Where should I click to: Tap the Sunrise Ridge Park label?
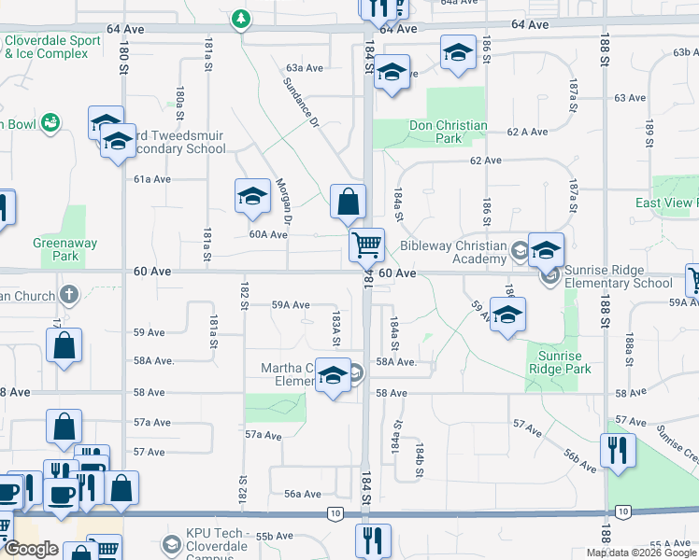tap(560, 362)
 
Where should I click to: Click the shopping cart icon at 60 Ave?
tap(367, 245)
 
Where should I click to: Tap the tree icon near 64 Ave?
tap(242, 18)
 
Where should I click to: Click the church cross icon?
tap(68, 295)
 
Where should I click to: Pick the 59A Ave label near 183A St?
tap(290, 305)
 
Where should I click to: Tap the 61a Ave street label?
tap(152, 178)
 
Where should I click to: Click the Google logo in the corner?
tap(31, 549)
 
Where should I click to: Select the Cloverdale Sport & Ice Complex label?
tap(52, 47)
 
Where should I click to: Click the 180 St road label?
tap(122, 59)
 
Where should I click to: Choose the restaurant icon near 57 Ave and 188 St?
tap(618, 450)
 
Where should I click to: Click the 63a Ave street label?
tap(305, 68)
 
